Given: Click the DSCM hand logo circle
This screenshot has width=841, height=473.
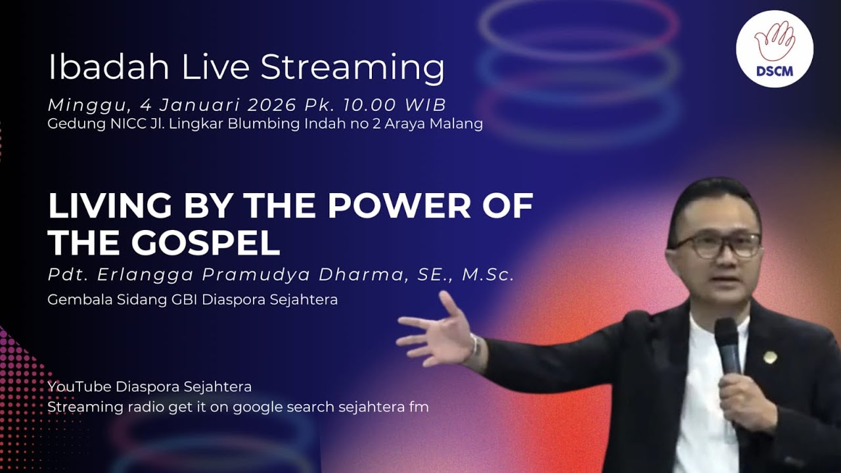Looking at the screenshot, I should tap(774, 49).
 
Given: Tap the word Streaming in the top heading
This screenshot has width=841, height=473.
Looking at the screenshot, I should tap(352, 68).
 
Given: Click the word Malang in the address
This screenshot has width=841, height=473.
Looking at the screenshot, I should tap(459, 124).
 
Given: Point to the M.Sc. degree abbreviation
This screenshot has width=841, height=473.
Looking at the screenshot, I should tap(488, 275).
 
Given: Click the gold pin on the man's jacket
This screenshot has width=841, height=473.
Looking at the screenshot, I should tap(770, 357).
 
